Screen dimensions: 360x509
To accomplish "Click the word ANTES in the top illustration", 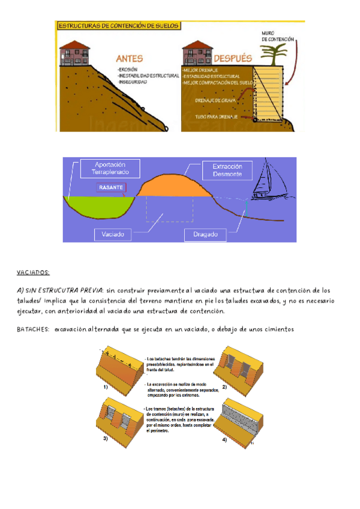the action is (x=130, y=59).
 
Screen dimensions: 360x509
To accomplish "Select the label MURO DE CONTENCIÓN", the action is (x=277, y=35).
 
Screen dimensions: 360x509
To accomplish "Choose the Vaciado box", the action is (x=113, y=233).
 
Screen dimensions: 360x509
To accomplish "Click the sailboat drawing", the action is (x=270, y=181).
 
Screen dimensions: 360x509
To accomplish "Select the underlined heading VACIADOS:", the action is (x=33, y=272).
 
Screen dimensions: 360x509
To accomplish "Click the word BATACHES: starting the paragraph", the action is (x=34, y=329).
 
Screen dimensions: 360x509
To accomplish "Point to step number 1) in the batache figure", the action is (x=105, y=388).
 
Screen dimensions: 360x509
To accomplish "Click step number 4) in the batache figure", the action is (x=224, y=440).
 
